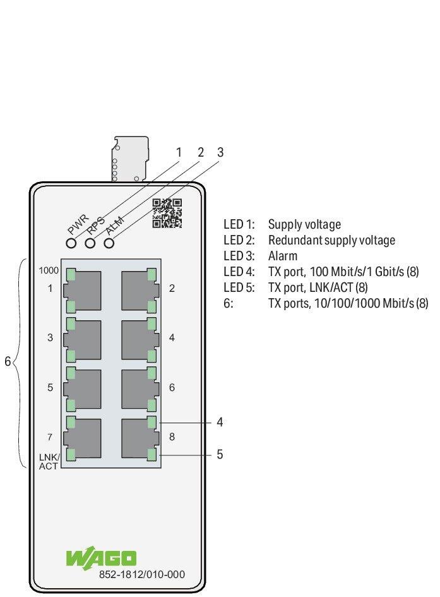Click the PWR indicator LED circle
(71, 243)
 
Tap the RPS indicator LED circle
(90, 243)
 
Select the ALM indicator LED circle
(109, 243)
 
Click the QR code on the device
(167, 214)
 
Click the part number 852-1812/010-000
(142, 574)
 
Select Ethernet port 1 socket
(83, 290)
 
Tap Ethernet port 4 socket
(140, 339)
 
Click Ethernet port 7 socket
(83, 438)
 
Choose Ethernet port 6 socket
(140, 389)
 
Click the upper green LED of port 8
(152, 422)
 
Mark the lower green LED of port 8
(152, 455)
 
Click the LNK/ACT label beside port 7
(49, 461)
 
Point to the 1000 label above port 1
(49, 270)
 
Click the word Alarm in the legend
(283, 256)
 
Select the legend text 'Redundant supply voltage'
(331, 240)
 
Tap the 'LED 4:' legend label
(239, 272)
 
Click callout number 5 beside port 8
(220, 454)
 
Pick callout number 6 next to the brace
(8, 361)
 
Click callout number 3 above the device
(220, 152)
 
